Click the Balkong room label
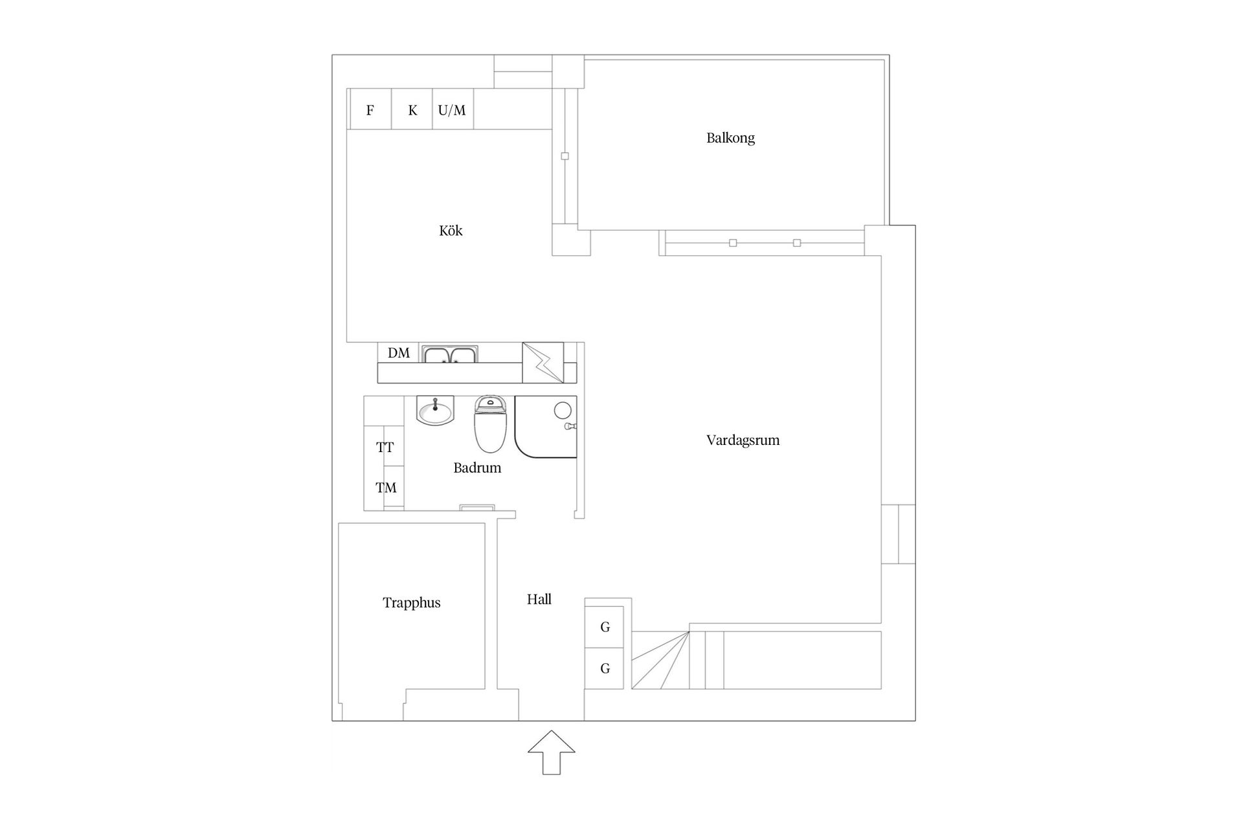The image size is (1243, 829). (x=730, y=138)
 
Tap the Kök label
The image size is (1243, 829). (x=451, y=231)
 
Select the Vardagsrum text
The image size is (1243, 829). (x=743, y=440)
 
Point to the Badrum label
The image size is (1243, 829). (x=477, y=468)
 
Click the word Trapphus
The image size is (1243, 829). (x=411, y=603)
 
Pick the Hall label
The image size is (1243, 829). (x=539, y=599)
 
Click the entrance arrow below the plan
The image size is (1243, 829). (x=551, y=753)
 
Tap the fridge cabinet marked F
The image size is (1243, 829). (x=370, y=109)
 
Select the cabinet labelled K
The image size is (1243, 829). (x=412, y=109)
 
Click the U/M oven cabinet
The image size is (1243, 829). (x=453, y=109)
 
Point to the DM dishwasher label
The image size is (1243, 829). (x=399, y=353)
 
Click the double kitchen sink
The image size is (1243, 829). (x=450, y=354)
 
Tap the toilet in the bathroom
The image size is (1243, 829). (x=490, y=424)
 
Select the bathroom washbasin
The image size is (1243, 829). (x=435, y=411)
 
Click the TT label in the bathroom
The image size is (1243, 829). (x=385, y=448)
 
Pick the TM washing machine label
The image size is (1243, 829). (x=386, y=488)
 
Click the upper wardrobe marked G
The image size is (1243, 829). (x=605, y=627)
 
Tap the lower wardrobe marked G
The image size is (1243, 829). (x=605, y=668)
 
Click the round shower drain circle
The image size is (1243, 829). (x=563, y=410)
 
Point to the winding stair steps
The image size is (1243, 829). (x=660, y=660)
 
